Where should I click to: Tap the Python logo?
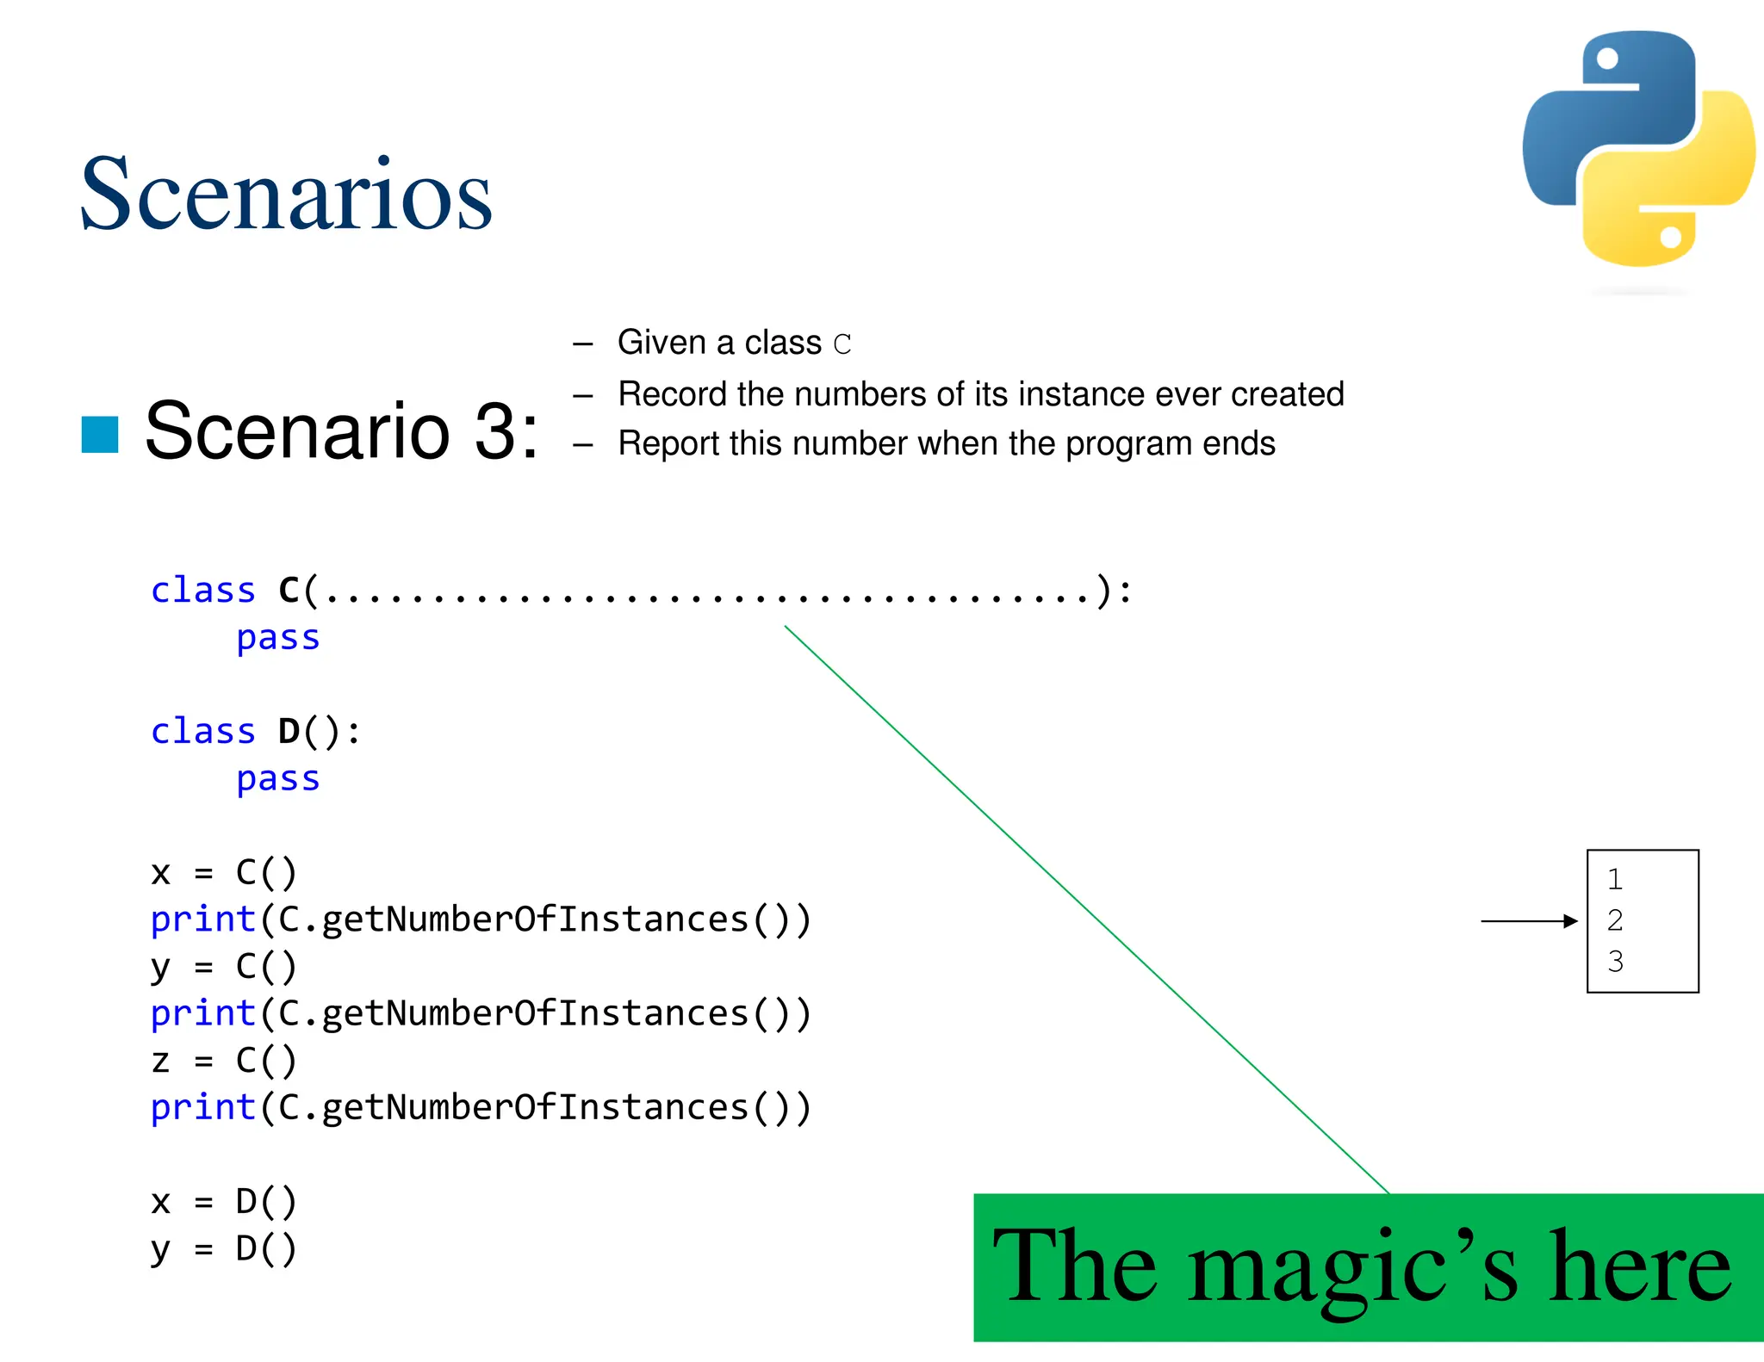tap(1639, 148)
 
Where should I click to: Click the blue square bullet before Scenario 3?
tap(100, 434)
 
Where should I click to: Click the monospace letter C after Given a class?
tap(842, 344)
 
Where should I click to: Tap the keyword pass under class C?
tap(277, 638)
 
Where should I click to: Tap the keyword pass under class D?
tap(277, 779)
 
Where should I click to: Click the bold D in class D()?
tap(289, 732)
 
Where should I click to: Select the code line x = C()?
tap(223, 873)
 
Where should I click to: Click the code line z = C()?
tap(223, 1061)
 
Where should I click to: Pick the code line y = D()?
tap(223, 1248)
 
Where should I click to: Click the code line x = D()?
tap(223, 1202)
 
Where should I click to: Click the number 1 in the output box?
tap(1615, 880)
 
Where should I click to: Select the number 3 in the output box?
tap(1615, 962)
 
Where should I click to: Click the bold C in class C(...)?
tap(289, 591)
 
